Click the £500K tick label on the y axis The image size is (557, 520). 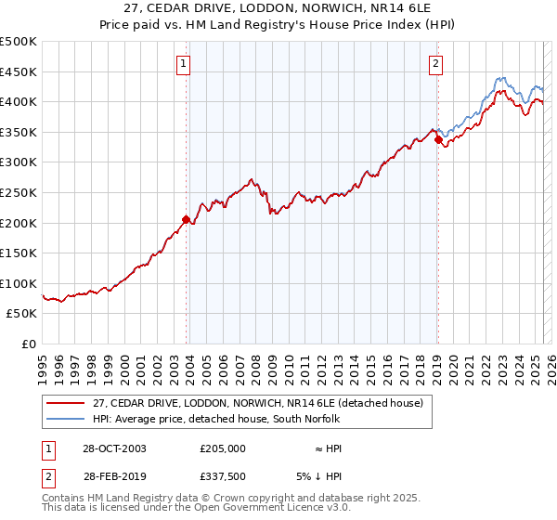point(18,42)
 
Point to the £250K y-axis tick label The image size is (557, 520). point(18,192)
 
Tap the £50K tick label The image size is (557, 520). point(21,314)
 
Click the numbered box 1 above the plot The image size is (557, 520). point(185,64)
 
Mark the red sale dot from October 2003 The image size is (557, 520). point(187,220)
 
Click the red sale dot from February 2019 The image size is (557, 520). point(438,140)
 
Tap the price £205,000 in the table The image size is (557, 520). point(223,448)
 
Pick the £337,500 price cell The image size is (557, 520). point(223,476)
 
